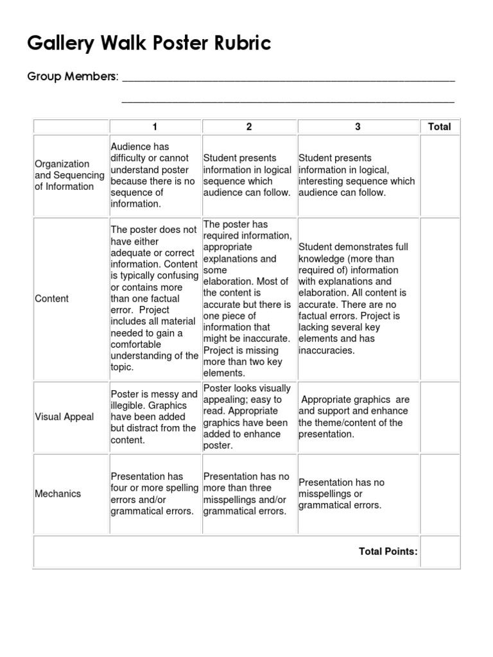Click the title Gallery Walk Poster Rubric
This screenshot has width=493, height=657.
(149, 44)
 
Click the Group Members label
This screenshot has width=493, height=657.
(73, 77)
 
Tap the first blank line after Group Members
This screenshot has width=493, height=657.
(288, 80)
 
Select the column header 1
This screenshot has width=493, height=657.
(155, 127)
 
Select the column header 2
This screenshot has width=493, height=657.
(249, 127)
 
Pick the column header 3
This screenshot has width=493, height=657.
(358, 127)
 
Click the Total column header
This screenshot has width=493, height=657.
(439, 127)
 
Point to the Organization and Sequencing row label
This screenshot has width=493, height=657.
(69, 175)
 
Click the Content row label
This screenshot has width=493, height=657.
(52, 299)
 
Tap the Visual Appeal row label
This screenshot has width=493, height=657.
(64, 417)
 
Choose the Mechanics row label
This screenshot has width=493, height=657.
(58, 494)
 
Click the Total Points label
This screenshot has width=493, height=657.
(388, 551)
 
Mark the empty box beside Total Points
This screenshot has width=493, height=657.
(440, 552)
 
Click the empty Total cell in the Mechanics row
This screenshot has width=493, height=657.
(440, 494)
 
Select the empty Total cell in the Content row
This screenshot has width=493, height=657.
(440, 298)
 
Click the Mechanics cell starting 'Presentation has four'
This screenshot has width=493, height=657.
(155, 494)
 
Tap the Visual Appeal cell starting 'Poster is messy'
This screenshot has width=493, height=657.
(155, 417)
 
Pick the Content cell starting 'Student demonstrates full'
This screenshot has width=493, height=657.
(358, 299)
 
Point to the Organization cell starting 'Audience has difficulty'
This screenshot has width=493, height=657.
(155, 175)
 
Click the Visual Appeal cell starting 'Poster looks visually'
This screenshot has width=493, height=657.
(249, 417)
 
